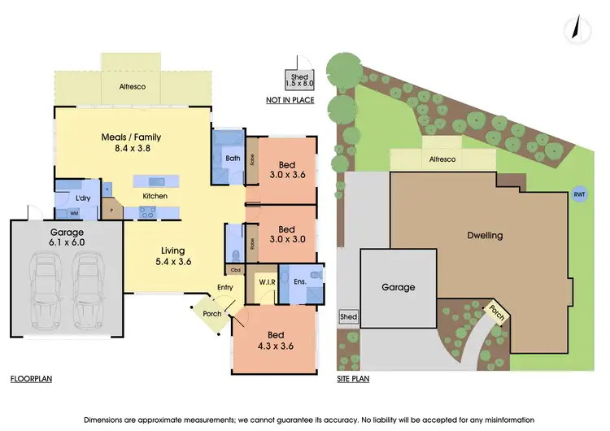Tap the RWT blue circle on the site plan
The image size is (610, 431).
[x=579, y=194]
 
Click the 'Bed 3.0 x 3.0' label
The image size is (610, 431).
[x=281, y=234]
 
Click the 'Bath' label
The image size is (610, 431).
[x=233, y=158]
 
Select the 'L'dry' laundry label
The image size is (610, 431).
[x=82, y=198]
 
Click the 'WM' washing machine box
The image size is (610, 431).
[x=74, y=213]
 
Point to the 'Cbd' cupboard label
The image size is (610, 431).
[x=234, y=269]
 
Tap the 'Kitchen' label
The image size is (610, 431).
[x=155, y=196]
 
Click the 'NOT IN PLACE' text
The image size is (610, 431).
[x=290, y=100]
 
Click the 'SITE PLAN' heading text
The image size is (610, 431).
[x=356, y=379]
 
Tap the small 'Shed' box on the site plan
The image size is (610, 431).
[x=348, y=316]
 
